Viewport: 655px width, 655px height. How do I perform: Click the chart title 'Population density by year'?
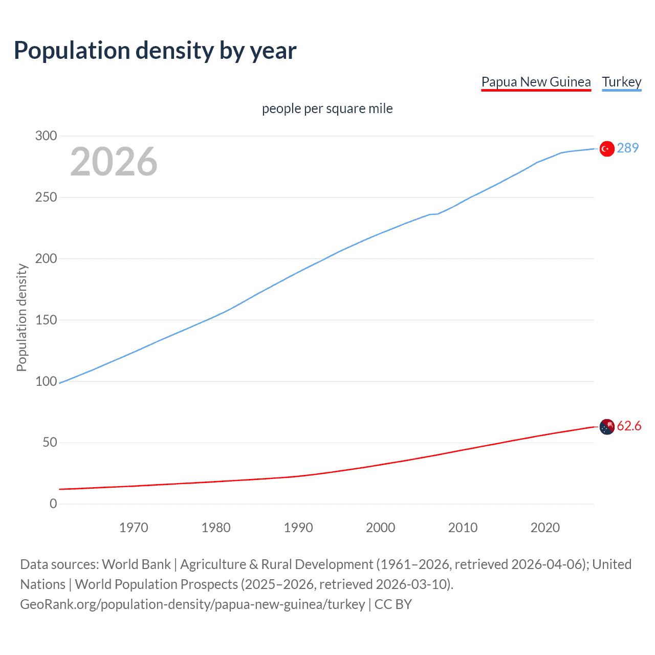click(x=155, y=50)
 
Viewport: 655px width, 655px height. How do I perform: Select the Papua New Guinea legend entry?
click(x=536, y=82)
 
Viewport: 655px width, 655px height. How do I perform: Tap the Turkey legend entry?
click(x=621, y=82)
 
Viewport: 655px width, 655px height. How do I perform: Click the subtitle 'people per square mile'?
click(x=327, y=108)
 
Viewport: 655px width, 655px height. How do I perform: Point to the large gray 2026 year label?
click(x=114, y=162)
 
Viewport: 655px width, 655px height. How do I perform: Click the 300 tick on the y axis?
click(x=46, y=136)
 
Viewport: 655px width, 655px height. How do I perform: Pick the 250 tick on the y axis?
click(x=46, y=197)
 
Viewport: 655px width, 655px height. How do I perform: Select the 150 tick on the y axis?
click(x=46, y=320)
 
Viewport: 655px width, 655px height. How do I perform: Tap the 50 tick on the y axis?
click(x=50, y=443)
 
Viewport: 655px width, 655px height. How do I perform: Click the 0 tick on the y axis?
click(x=53, y=504)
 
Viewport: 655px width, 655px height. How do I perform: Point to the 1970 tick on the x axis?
click(x=134, y=528)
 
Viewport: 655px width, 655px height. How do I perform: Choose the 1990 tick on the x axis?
click(x=298, y=528)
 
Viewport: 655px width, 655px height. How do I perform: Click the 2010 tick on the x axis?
click(x=463, y=528)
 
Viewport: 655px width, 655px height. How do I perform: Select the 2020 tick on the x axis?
click(x=545, y=528)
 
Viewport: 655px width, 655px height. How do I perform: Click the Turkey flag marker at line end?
click(x=607, y=148)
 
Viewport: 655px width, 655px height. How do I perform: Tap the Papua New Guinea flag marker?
click(x=607, y=427)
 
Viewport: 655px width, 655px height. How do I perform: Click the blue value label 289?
click(x=628, y=148)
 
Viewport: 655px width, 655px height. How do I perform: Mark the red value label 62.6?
click(x=629, y=426)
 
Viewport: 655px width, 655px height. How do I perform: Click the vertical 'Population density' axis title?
click(x=21, y=317)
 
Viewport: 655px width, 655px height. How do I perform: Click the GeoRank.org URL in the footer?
click(x=192, y=604)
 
